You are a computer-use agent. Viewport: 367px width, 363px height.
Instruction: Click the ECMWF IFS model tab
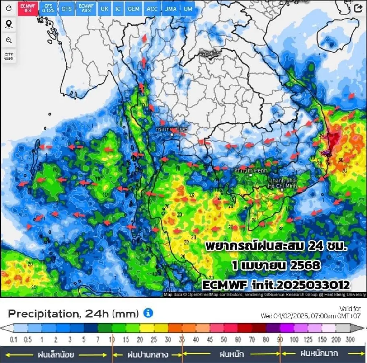coord(28,8)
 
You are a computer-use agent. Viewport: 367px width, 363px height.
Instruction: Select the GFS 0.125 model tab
coord(48,8)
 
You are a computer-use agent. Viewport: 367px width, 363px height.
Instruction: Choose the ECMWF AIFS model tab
coord(86,8)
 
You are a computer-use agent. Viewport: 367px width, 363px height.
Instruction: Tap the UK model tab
coord(104,9)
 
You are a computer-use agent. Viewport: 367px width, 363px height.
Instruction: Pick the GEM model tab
coord(133,9)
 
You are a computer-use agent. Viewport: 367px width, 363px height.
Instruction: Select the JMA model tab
coord(171,9)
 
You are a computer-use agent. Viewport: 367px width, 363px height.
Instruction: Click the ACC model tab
coord(152,9)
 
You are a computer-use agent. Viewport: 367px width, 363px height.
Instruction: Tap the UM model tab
coord(188,9)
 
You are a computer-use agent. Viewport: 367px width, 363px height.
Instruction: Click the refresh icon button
coord(9,8)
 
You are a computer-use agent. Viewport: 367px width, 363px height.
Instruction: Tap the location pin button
coord(9,24)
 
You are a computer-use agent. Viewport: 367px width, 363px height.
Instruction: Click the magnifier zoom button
coord(9,40)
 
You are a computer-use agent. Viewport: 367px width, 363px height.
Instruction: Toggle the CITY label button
coord(9,56)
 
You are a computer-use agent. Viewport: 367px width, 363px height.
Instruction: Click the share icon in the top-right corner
coord(358,8)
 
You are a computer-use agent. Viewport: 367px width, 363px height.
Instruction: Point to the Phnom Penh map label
coord(250,170)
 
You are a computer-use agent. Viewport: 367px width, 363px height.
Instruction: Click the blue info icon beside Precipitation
coord(148,313)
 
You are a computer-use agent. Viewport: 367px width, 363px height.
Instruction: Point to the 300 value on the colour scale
coord(350,339)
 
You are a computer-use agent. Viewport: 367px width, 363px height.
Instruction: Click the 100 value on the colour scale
coord(294,339)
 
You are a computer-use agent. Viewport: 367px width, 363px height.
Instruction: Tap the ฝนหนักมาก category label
coord(319,354)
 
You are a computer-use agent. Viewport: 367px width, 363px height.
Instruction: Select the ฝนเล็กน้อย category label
coord(56,354)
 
